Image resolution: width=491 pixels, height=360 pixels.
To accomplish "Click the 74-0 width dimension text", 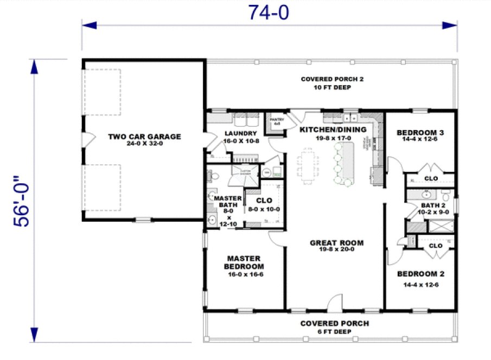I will pyautogui.click(x=269, y=11).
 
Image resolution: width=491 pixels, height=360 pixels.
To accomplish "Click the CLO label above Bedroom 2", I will pyautogui.click(x=435, y=246).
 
